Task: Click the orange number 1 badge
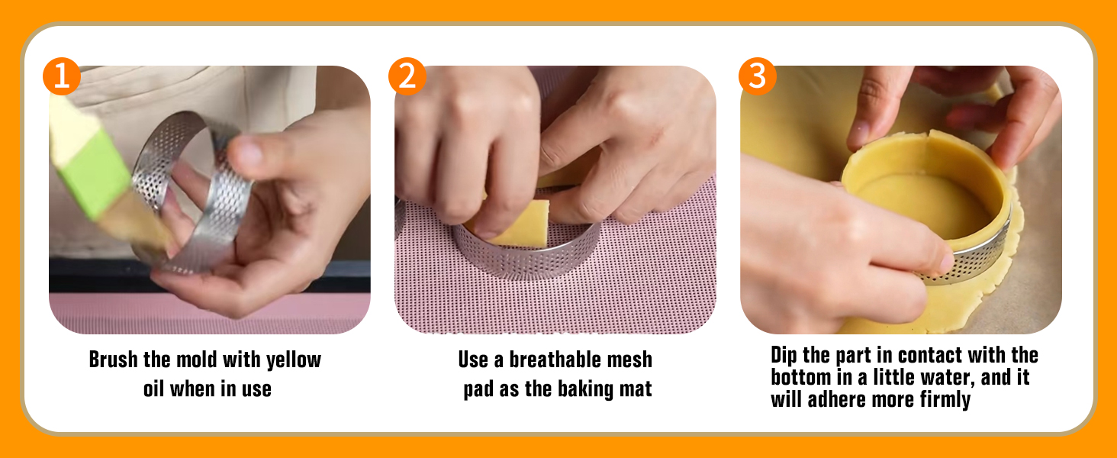[x=62, y=76]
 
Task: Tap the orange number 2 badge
[x=407, y=76]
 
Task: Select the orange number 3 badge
[x=758, y=76]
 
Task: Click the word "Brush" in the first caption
[x=113, y=360]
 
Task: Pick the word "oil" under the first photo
[x=153, y=389]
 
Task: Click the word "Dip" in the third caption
[x=784, y=356]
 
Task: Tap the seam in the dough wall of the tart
[x=927, y=150]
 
